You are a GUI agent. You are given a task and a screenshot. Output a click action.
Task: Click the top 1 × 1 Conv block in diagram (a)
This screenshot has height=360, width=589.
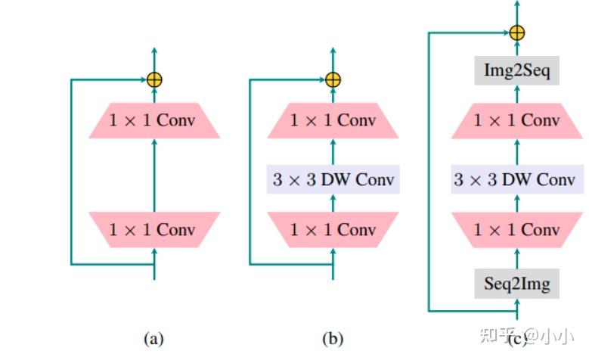coord(154,121)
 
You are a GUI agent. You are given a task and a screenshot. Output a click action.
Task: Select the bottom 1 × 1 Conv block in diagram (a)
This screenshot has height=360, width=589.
coord(154,229)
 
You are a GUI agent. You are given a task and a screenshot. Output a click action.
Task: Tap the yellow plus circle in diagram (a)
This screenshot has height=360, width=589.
coord(154,79)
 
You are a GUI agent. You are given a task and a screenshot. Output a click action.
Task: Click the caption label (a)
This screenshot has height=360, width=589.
coord(154,339)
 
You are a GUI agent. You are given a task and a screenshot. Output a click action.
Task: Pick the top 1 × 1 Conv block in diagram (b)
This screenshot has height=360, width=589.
coord(333,121)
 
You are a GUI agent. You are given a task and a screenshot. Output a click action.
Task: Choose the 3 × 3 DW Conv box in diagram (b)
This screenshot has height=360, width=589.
coord(333,180)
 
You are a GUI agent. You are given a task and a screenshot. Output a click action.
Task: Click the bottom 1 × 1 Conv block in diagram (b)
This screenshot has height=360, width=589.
coord(333,229)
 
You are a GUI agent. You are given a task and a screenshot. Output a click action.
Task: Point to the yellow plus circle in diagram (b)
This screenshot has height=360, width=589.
coord(333,79)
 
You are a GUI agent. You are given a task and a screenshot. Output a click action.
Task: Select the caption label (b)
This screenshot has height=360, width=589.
coord(333,339)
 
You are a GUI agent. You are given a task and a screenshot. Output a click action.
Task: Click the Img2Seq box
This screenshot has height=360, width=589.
coord(517,73)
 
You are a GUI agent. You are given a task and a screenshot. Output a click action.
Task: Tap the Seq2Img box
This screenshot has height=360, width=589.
coord(517,284)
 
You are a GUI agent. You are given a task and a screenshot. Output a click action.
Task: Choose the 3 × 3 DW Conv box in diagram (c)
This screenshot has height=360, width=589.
coord(517,180)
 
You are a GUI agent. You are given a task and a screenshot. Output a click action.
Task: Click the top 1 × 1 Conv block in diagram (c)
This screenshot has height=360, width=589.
coord(517,121)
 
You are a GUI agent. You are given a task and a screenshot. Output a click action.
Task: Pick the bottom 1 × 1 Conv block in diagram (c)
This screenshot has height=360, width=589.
coord(517,229)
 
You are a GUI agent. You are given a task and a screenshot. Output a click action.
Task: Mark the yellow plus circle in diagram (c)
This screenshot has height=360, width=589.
coord(517,33)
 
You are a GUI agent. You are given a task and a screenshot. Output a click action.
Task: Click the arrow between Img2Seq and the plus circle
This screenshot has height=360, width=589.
coord(517,51)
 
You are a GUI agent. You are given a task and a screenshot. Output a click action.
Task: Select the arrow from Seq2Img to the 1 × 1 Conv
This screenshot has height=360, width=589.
coord(517,259)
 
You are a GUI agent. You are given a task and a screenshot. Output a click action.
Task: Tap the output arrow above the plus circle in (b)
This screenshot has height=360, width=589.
coord(333,59)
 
